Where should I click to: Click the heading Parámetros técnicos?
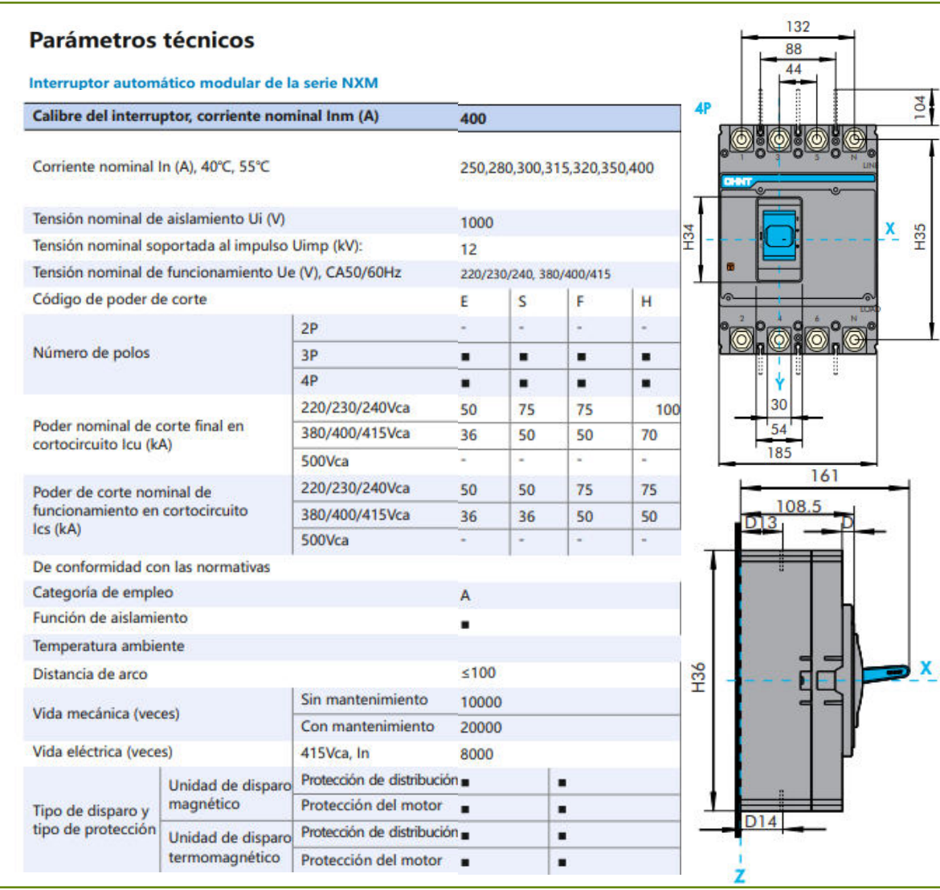coord(141,40)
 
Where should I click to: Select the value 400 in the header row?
coord(473,119)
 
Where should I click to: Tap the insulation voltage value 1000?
coord(476,222)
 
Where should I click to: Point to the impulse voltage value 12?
coord(468,249)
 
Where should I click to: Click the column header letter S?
coord(522,302)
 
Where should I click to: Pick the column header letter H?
coord(646,302)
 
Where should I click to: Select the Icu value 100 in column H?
coord(667,410)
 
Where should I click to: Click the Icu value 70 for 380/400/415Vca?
coord(649,435)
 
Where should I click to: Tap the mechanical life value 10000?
coord(480,702)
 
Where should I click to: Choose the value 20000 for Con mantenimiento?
coord(480,728)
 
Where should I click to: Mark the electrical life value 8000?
coord(476,754)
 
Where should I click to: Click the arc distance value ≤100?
coord(478,673)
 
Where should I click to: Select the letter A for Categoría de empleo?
coord(465,595)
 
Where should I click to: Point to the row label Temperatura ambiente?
coord(108,646)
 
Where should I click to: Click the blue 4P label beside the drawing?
coord(702,108)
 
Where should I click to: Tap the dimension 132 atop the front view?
coord(798,27)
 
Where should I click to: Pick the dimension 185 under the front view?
coord(779,453)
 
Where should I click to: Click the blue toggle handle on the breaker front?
coord(779,235)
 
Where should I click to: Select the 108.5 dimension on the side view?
coord(798,506)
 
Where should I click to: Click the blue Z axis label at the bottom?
coord(739,876)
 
